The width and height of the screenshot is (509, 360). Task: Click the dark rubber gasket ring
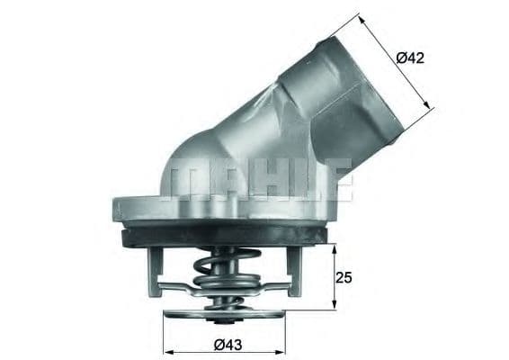pos(225,235)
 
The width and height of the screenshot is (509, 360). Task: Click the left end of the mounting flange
pos(117,209)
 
